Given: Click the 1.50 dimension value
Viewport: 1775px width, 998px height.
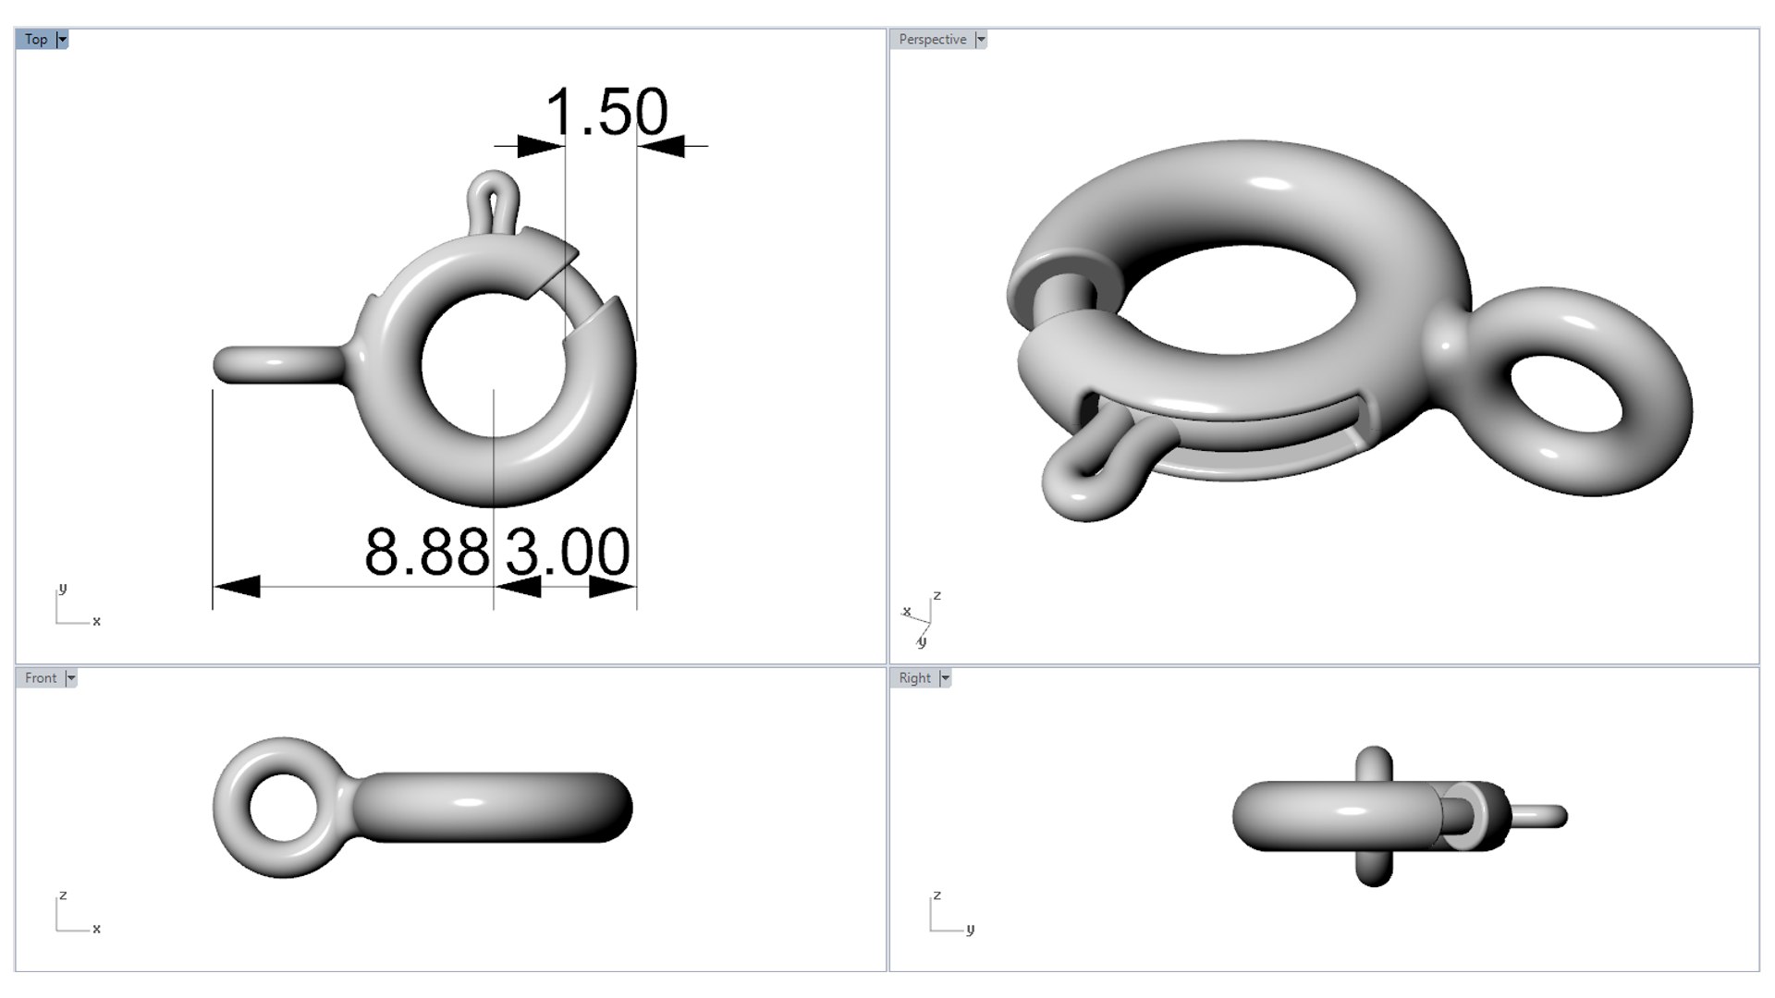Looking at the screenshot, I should tap(606, 113).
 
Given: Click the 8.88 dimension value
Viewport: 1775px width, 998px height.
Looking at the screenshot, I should tap(426, 553).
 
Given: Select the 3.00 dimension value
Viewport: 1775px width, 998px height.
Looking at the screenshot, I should tap(568, 553).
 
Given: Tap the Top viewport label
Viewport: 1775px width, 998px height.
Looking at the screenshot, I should tap(36, 39).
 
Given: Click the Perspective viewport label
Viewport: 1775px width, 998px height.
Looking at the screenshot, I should tap(932, 39).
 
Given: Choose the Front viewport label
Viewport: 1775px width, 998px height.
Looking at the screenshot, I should tap(41, 677).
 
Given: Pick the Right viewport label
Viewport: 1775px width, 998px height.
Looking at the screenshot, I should tap(914, 677).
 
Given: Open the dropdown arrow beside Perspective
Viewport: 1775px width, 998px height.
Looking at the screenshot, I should tap(981, 39).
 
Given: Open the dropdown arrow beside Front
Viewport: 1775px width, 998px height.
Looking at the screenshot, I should tap(70, 677).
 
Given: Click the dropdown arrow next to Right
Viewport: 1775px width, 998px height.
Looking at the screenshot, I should tap(945, 677).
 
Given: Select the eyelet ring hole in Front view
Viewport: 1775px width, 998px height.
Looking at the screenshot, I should tap(282, 807).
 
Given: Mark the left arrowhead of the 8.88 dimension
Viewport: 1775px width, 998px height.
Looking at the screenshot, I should tap(237, 586).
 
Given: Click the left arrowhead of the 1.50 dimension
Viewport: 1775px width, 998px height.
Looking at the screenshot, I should tap(540, 146).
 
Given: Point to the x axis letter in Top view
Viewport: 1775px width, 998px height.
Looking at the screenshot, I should tap(96, 621).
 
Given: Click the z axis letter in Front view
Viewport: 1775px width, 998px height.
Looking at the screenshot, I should tap(63, 895).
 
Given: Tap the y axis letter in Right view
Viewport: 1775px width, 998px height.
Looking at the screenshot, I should tap(970, 929).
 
